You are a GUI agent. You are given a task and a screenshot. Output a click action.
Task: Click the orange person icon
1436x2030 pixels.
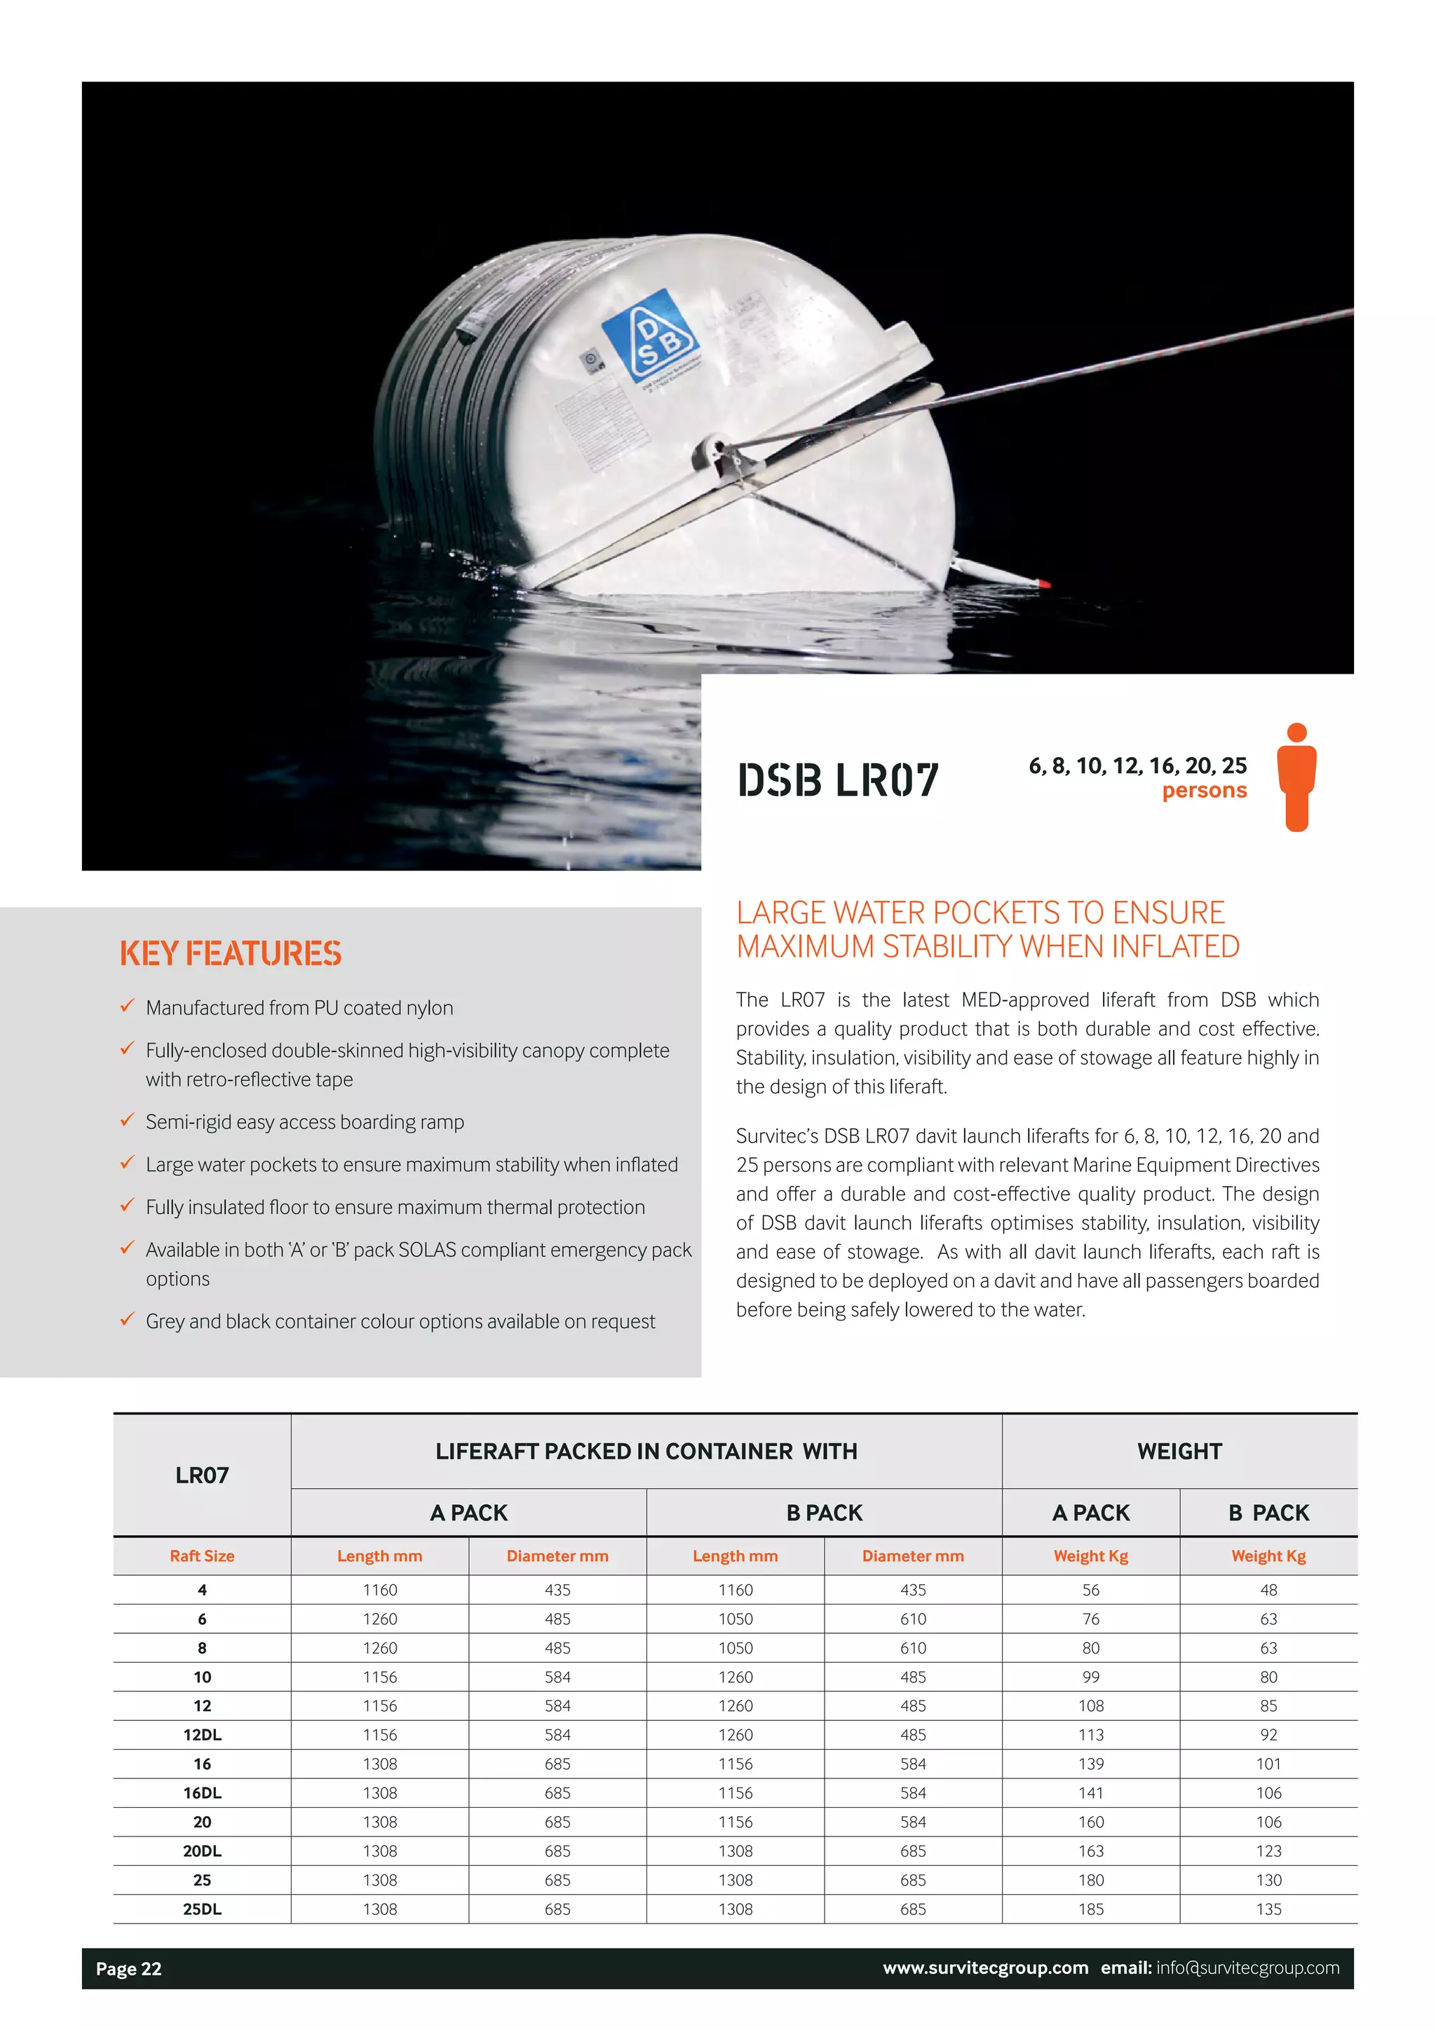1296,777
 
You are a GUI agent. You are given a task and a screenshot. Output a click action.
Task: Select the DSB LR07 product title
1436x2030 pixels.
837,779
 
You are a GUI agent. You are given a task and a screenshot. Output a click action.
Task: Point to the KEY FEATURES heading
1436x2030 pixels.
230,953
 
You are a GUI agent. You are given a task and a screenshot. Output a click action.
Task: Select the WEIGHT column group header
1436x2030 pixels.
1179,1451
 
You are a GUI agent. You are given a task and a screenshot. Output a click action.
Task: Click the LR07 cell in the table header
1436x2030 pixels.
202,1475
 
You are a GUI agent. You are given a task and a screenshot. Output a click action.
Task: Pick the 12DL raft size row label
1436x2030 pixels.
202,1735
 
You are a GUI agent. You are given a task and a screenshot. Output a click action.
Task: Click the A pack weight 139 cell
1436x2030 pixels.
1090,1764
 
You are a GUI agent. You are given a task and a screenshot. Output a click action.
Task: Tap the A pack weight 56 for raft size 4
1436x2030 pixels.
1090,1590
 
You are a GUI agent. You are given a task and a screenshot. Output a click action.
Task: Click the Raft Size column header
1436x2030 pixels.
202,1556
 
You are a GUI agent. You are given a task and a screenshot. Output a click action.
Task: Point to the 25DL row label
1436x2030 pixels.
202,1909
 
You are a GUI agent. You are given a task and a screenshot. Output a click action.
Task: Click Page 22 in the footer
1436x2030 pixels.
128,1968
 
